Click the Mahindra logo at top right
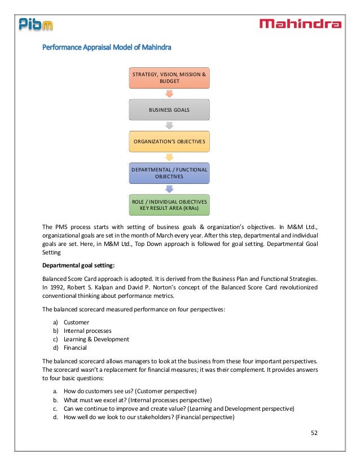[x=300, y=24]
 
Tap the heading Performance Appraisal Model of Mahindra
[x=107, y=48]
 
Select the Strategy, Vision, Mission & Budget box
[x=169, y=77]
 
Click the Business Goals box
[x=169, y=109]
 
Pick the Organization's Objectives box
[x=169, y=140]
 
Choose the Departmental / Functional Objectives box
[x=169, y=173]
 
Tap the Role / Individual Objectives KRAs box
[x=169, y=205]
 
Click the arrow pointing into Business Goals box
[x=169, y=94]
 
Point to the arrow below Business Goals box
[x=169, y=125]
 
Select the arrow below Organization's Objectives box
[x=169, y=156]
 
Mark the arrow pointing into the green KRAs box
[x=169, y=189]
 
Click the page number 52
[x=315, y=433]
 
